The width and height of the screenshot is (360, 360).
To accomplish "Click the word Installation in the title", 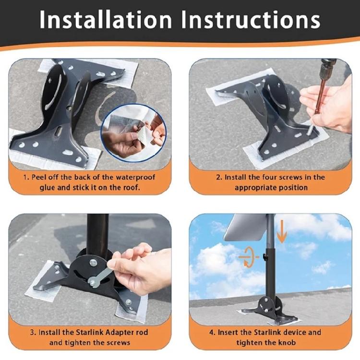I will click(106, 20).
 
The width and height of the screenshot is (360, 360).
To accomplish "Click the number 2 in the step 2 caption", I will click(218, 177).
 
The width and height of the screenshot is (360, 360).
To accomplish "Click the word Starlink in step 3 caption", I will click(78, 333).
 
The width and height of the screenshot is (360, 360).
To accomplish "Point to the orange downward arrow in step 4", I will click(282, 232).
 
